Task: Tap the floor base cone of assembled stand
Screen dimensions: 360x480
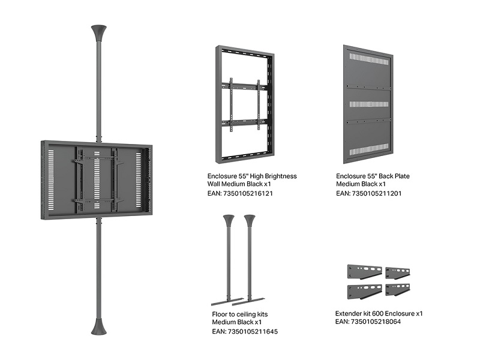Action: click(x=98, y=326)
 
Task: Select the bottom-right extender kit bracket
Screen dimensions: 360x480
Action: click(x=398, y=290)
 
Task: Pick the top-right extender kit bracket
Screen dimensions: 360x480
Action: click(x=398, y=271)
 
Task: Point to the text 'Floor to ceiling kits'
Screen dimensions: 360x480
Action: click(x=240, y=314)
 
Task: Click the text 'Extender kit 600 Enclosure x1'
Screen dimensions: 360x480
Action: click(x=379, y=313)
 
